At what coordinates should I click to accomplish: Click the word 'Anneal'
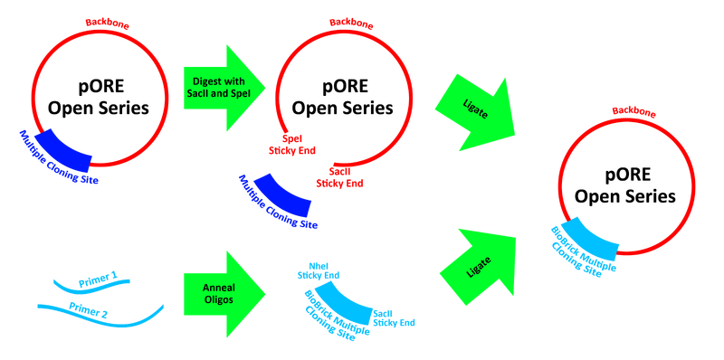[x=218, y=283]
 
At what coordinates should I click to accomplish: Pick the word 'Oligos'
[x=218, y=297]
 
